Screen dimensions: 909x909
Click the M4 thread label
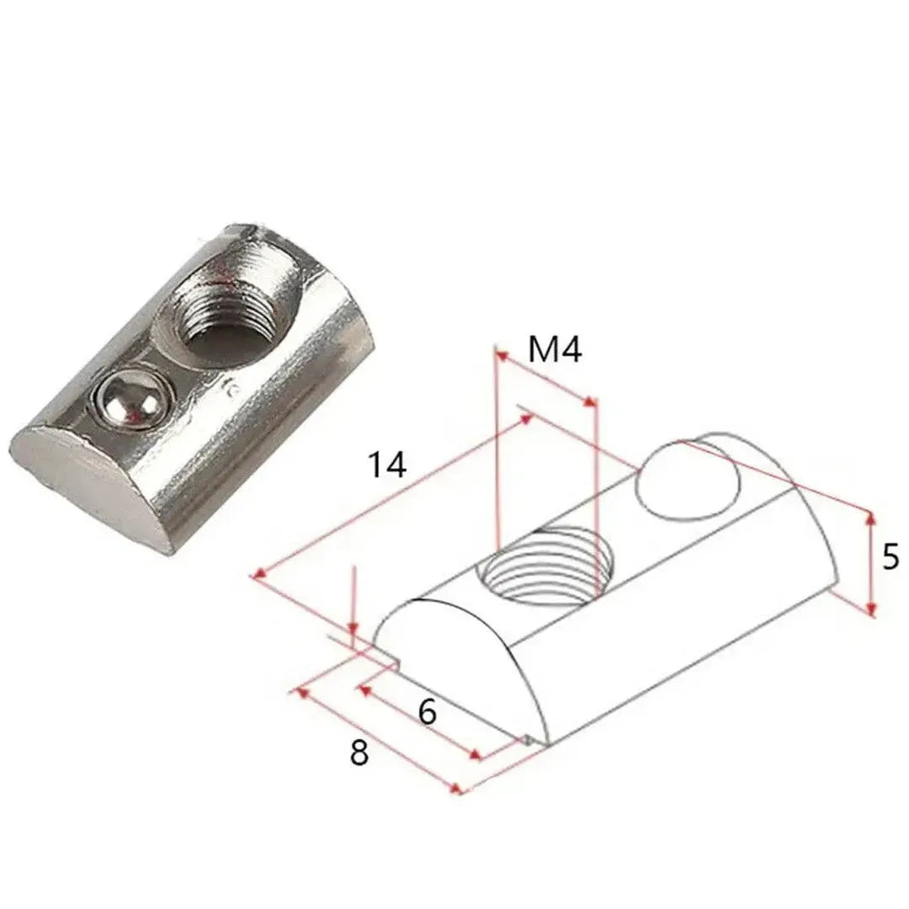tap(555, 349)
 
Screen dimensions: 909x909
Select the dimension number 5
tap(890, 558)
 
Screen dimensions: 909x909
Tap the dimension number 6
tap(427, 713)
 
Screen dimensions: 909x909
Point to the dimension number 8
tap(359, 752)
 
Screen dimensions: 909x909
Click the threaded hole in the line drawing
tap(545, 562)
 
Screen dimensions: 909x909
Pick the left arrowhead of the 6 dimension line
tap(364, 689)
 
